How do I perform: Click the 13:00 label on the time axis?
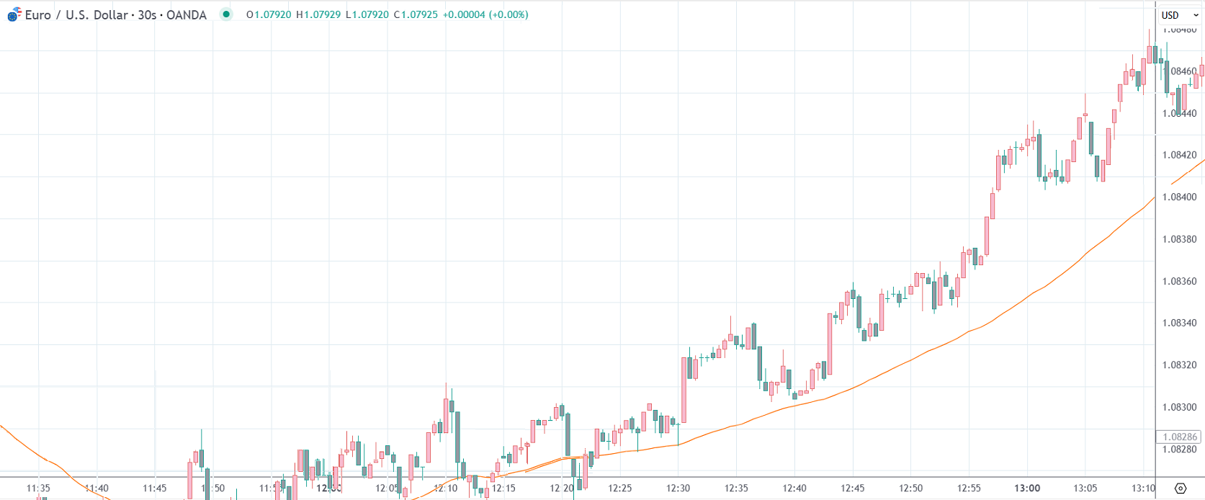tap(1027, 488)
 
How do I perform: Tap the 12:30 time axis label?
tap(678, 488)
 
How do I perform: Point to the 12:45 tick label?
tap(853, 488)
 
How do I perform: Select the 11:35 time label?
tap(38, 488)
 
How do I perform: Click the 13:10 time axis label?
tap(1143, 488)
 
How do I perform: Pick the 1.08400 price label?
tap(1179, 197)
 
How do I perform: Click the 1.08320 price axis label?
tap(1179, 365)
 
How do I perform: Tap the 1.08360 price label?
tap(1179, 281)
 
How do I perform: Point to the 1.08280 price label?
tap(1179, 450)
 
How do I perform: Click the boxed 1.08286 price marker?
tap(1179, 437)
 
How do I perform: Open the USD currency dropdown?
tap(1179, 15)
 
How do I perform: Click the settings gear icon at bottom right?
tap(1180, 488)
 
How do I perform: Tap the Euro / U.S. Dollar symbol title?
tap(76, 15)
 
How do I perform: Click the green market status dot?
tap(226, 14)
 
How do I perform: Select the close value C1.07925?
tap(416, 15)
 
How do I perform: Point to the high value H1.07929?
tap(318, 15)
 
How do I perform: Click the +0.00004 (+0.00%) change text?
tap(485, 15)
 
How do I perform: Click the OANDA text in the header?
tap(187, 15)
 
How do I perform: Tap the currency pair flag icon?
tap(14, 14)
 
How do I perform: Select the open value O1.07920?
tap(269, 15)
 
